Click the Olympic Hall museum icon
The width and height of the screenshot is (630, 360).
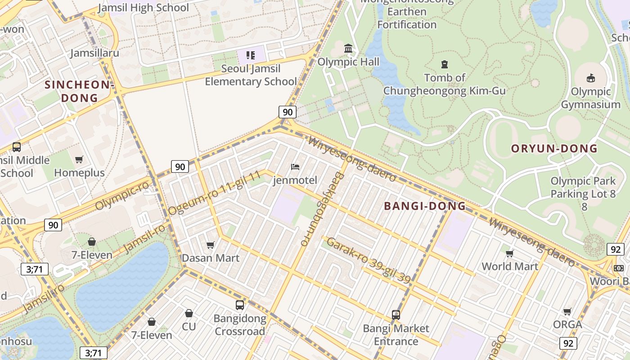tap(348, 48)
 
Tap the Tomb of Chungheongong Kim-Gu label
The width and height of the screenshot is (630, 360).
tap(445, 84)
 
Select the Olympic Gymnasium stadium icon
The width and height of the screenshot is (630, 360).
tap(591, 78)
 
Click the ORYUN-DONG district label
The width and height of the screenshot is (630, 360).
tap(554, 148)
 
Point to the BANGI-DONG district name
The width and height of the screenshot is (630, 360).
tap(425, 206)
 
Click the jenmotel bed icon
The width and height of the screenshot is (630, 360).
tap(295, 167)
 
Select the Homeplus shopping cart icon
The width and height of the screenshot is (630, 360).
tap(79, 159)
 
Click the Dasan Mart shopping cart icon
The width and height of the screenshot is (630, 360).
tap(210, 245)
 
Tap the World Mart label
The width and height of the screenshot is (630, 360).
tap(510, 266)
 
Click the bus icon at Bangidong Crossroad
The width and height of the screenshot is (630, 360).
tap(240, 305)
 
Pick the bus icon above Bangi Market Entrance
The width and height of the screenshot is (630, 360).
tap(396, 315)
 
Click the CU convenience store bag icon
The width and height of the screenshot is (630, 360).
tap(189, 313)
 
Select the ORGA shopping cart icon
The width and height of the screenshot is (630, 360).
tap(567, 311)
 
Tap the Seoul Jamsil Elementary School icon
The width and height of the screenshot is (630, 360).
tap(251, 55)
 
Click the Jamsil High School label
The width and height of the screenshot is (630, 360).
tap(143, 8)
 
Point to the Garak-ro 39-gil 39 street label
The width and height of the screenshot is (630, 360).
tap(368, 260)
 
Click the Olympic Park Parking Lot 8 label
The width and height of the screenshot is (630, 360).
tap(583, 193)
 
